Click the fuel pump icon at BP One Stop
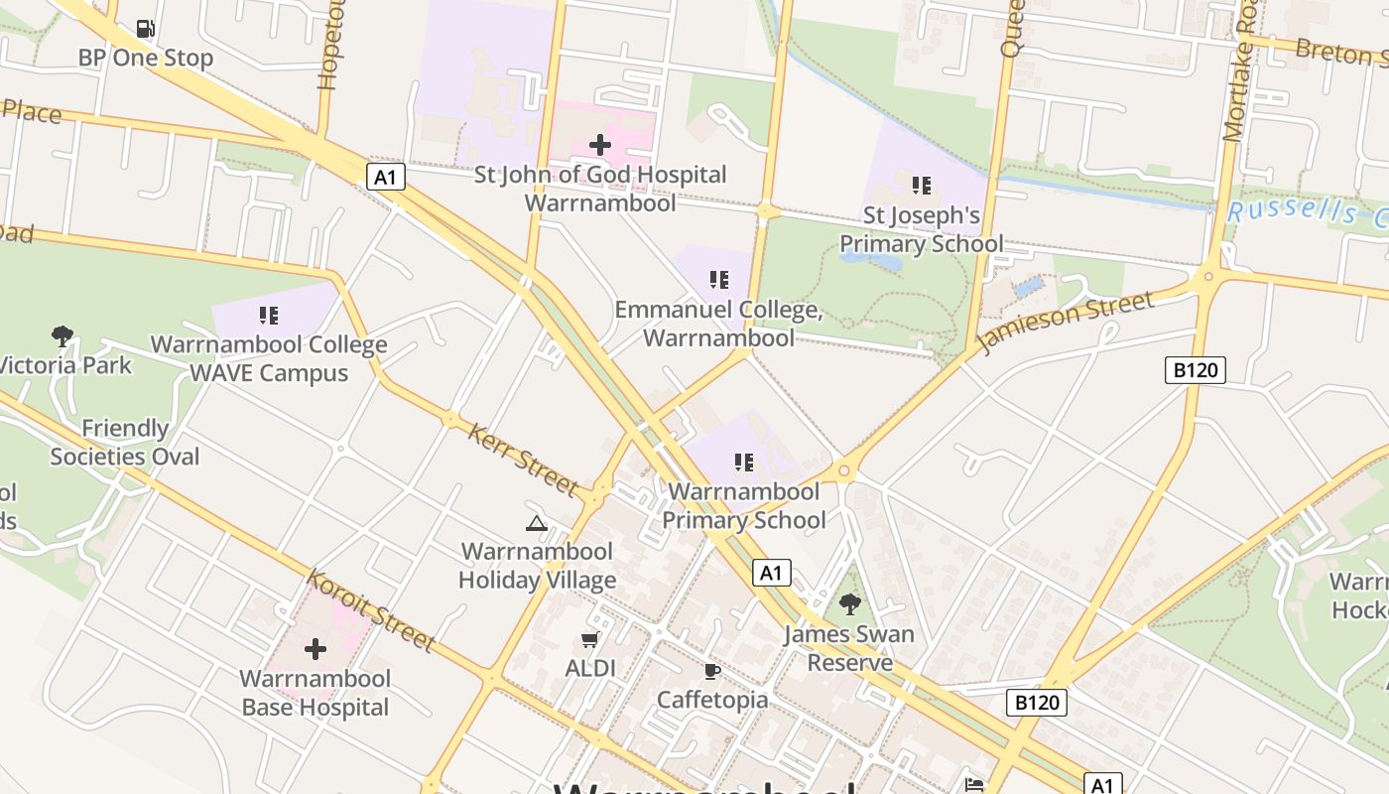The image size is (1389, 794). coord(146,29)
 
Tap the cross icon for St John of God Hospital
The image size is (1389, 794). coord(600,145)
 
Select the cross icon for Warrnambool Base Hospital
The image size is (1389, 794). coord(316,650)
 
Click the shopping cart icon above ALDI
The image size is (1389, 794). coord(590,640)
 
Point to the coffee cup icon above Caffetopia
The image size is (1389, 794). coord(711,672)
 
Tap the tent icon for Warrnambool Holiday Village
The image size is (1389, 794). coord(537,523)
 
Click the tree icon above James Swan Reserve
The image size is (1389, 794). coord(849,603)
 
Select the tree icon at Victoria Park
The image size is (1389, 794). coord(63,336)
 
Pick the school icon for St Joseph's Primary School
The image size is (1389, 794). coord(921,186)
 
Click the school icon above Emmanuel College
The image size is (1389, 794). coord(719,280)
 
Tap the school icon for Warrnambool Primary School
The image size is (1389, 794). coord(744,463)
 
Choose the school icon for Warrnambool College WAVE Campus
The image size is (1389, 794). coord(269,316)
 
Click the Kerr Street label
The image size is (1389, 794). coord(523,460)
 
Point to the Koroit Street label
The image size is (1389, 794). coord(371,610)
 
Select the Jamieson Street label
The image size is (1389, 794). coord(1067,322)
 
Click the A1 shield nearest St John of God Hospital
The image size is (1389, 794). coord(386,178)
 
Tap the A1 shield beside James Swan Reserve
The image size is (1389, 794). coord(771,573)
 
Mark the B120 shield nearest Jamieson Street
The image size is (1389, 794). coord(1195,371)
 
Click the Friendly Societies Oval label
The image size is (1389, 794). coord(125,443)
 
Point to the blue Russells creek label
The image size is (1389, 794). coord(1306,213)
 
